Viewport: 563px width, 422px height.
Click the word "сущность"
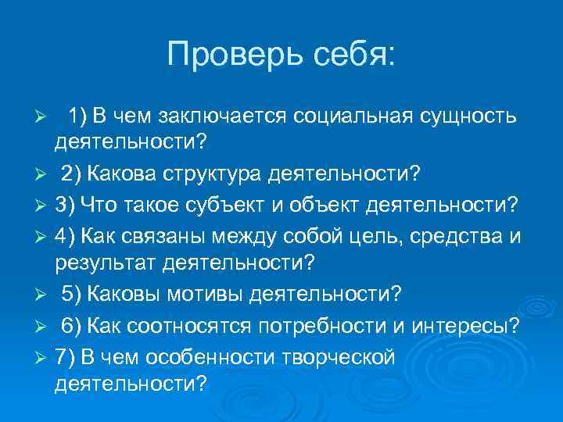click(468, 116)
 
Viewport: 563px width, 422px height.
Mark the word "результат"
click(106, 262)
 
